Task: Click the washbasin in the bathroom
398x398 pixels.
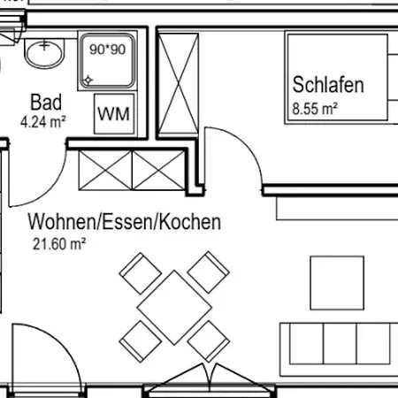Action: coord(44,53)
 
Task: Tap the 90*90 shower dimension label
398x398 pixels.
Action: coord(108,50)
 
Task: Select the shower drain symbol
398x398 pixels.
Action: coord(88,80)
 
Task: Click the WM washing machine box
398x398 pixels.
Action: coord(114,114)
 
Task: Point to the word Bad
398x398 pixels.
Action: coord(46,103)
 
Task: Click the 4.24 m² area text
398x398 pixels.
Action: coord(43,121)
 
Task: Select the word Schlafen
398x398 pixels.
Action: coord(328,85)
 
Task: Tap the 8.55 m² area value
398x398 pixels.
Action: coord(315,109)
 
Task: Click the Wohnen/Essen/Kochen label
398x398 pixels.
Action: coord(124,222)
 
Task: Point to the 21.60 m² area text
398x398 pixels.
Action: coord(59,244)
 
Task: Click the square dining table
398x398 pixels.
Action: coord(174,308)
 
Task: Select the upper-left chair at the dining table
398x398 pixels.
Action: coord(141,273)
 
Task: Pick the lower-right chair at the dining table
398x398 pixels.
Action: coord(209,341)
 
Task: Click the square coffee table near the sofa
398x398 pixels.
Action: coord(337,283)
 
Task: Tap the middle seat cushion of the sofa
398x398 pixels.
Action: coord(340,343)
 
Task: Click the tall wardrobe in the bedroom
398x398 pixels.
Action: coord(178,85)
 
